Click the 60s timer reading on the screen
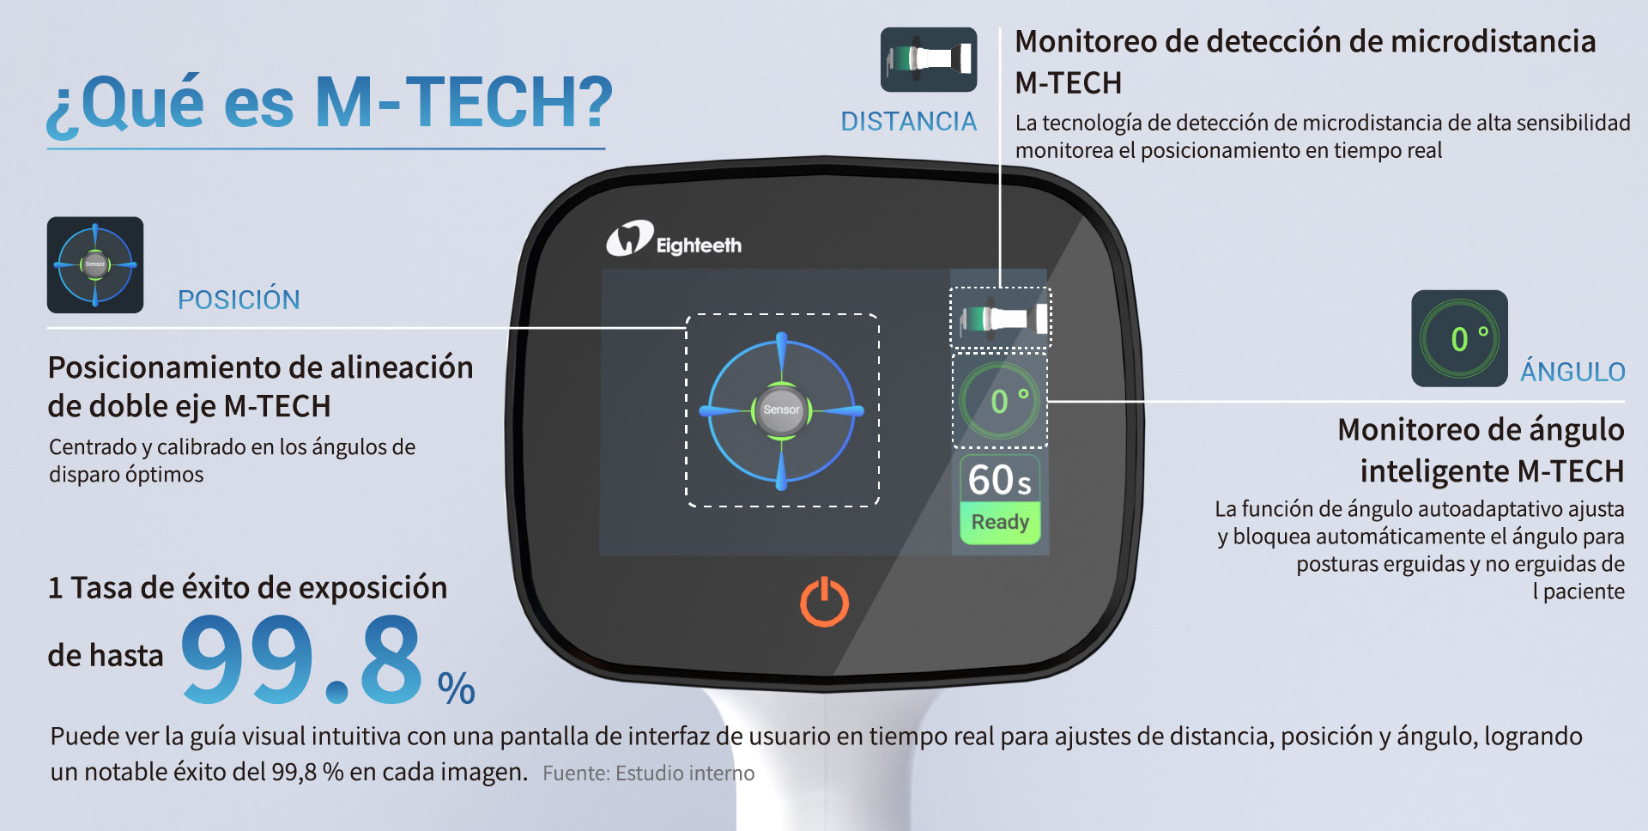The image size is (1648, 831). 1000,480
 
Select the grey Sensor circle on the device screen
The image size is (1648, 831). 781,409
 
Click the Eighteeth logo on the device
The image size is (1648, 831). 674,240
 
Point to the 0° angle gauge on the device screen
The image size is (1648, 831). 1001,401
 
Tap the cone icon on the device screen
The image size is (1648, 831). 1001,318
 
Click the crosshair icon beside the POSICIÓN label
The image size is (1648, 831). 95,264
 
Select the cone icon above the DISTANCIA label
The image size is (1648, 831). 929,59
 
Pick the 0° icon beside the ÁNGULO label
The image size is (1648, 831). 1459,338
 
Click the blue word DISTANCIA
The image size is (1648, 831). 908,122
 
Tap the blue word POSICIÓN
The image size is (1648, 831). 239,300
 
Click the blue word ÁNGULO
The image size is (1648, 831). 1572,371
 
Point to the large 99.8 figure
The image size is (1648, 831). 301,660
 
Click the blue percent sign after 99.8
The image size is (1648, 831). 456,688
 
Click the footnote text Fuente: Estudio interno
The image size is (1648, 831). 648,773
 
